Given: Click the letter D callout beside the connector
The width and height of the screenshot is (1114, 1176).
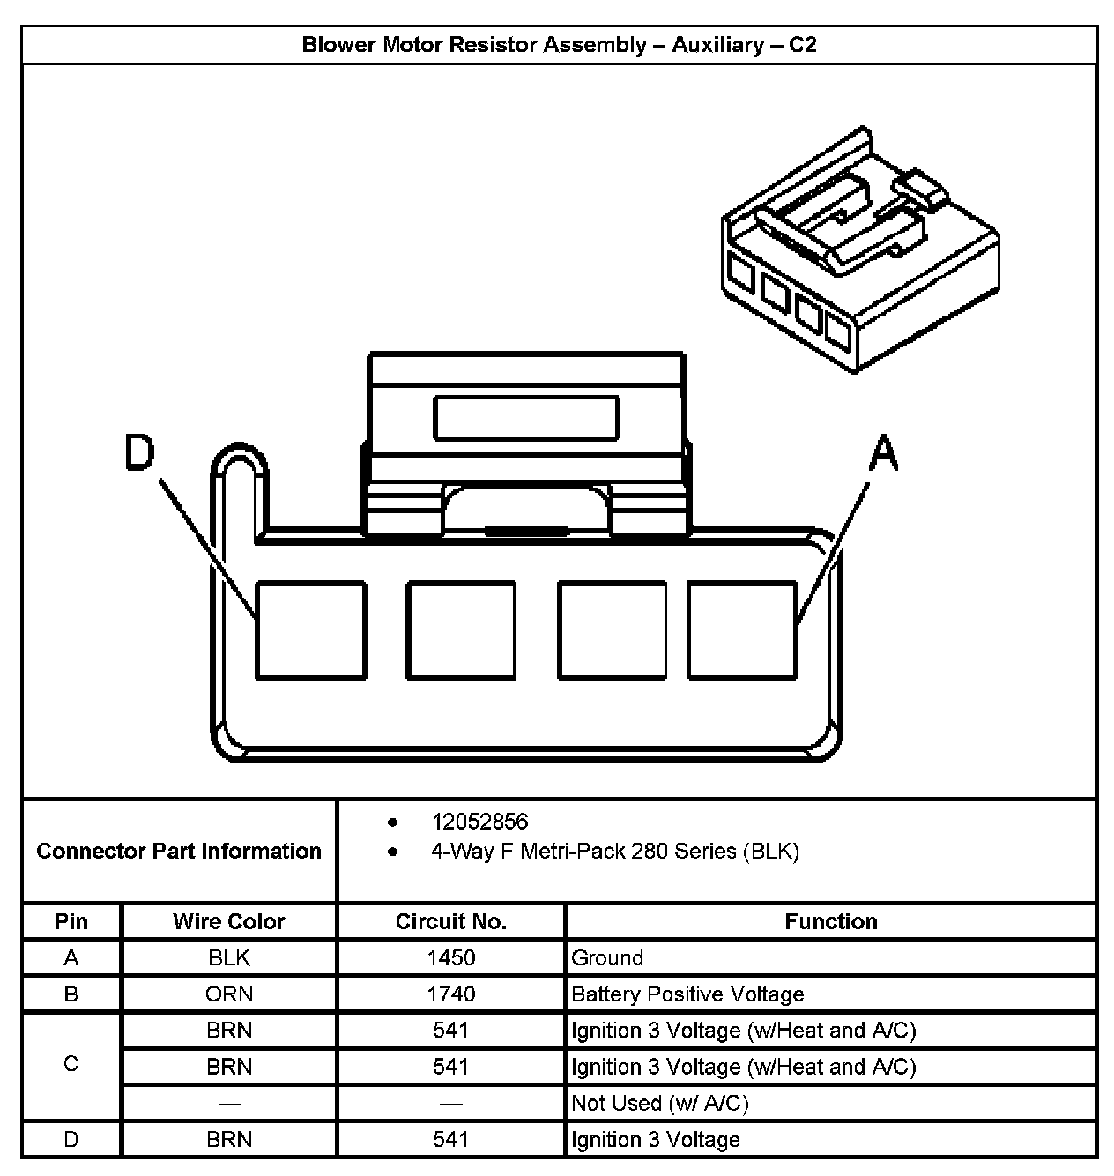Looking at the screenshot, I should (x=139, y=453).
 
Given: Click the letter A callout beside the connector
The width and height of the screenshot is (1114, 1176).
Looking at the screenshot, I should (x=882, y=454).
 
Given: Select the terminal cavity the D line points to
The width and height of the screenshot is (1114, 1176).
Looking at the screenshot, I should (x=310, y=629).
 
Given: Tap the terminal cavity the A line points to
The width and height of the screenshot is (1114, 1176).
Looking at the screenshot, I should (x=742, y=629).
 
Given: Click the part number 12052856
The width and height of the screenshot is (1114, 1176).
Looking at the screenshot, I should (x=479, y=822).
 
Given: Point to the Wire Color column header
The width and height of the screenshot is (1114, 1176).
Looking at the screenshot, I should (x=229, y=921).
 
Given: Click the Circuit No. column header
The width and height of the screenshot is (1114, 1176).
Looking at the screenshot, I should (x=450, y=921).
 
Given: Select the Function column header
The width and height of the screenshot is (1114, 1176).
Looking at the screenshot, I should (x=830, y=921).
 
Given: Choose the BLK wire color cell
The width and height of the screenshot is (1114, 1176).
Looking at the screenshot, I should (x=229, y=957).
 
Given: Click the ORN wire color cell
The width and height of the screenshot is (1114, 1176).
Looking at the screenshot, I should (x=229, y=994).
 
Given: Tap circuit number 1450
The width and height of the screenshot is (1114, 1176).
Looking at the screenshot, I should (x=450, y=957).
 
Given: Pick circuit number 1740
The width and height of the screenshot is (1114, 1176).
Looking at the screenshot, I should (x=450, y=994).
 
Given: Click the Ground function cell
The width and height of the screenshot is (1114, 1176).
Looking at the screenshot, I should (x=607, y=957).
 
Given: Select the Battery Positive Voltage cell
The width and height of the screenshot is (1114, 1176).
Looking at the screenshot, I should (x=687, y=994).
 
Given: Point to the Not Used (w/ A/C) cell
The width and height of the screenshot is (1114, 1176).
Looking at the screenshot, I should (x=659, y=1103).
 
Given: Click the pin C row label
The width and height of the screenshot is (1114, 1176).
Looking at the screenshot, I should (x=71, y=1064).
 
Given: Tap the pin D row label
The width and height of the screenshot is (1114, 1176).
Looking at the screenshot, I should (x=71, y=1139).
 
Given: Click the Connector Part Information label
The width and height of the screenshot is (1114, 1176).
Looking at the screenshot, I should (x=179, y=851).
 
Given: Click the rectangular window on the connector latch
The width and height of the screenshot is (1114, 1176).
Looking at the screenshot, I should (x=525, y=417).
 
